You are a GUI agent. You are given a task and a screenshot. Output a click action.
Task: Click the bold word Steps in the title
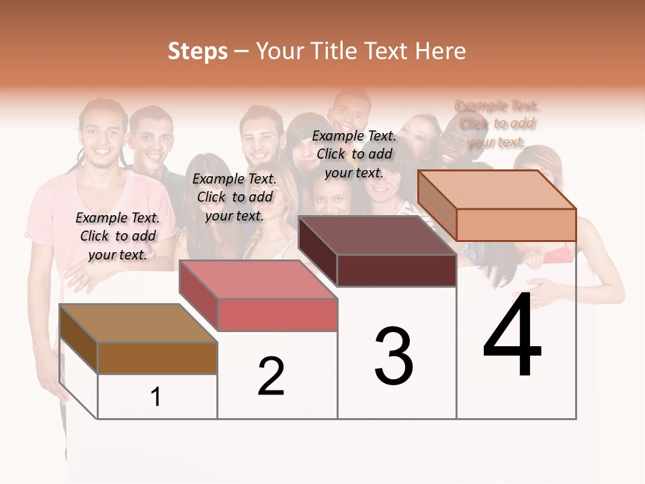(x=198, y=51)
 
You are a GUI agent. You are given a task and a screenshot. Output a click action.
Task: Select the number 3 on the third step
(x=394, y=356)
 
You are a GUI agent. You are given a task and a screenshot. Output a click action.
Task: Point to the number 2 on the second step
(x=271, y=376)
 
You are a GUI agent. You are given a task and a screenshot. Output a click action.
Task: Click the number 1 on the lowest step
(x=156, y=397)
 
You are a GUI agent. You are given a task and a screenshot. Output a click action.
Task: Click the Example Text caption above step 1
(x=118, y=236)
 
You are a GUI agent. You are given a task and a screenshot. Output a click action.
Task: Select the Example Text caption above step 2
(x=234, y=197)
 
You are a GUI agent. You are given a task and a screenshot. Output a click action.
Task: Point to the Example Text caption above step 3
(x=354, y=154)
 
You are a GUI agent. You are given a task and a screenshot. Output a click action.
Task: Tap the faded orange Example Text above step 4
(x=497, y=123)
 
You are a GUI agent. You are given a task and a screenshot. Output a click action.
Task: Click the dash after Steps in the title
(x=241, y=52)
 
